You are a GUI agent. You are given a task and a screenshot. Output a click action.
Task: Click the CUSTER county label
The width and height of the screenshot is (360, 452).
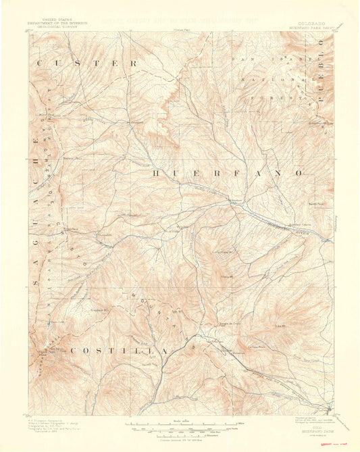88,64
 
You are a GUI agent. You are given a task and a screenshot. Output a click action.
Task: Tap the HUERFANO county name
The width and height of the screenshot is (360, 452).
226,174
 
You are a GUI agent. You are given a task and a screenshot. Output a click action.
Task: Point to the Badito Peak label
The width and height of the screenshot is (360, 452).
316,203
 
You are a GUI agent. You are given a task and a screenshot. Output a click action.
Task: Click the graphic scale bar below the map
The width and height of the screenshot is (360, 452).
181,427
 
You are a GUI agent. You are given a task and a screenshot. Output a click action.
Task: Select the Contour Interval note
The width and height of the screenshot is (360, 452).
180,437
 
